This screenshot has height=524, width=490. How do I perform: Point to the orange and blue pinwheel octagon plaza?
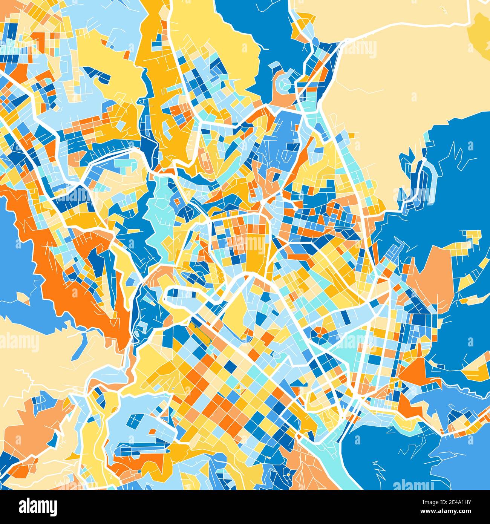click(x=321, y=333)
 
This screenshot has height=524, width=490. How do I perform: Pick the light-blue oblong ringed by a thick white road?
click(x=188, y=298)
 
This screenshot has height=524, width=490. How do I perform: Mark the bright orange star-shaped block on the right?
click(x=415, y=371)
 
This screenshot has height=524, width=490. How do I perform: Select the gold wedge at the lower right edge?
click(x=477, y=369)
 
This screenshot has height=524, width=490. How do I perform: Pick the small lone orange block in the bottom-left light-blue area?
click(x=152, y=431)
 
